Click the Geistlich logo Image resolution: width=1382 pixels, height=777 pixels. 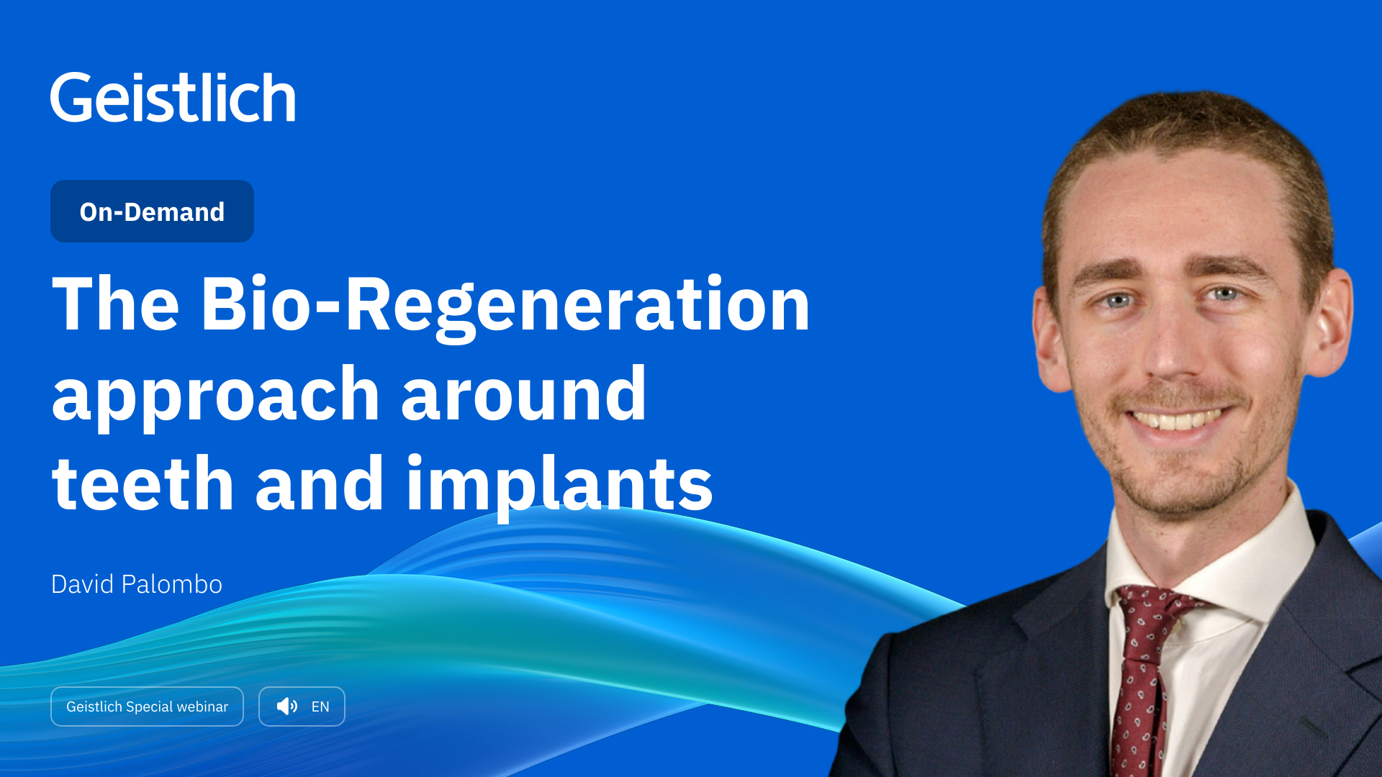tap(173, 98)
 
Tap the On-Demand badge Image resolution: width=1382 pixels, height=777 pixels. tap(152, 212)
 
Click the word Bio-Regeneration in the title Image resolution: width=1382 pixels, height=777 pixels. tap(505, 305)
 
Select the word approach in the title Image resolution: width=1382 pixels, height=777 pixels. tap(216, 396)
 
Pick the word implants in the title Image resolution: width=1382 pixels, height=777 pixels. tap(559, 486)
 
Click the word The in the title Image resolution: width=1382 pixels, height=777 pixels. tap(115, 305)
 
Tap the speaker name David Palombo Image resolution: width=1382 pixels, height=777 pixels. tap(137, 584)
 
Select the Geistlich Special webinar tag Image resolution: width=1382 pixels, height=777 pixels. tap(147, 706)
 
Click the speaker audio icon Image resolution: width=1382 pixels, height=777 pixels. tap(286, 706)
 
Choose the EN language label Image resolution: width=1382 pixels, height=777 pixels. tap(320, 706)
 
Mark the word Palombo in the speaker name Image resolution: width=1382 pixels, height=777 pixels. tap(172, 584)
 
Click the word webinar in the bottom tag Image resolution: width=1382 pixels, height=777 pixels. tap(202, 706)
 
